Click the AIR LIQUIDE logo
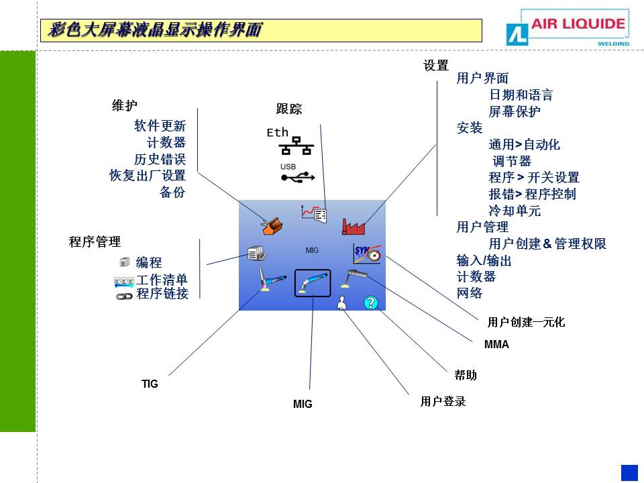[568, 28]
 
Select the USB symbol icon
[297, 177]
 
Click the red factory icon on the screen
[353, 226]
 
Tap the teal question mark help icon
[371, 303]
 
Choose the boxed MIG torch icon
[313, 282]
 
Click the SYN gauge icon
[366, 254]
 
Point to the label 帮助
[466, 375]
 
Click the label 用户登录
[443, 402]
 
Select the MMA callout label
[496, 345]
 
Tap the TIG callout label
[150, 384]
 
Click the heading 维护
[124, 105]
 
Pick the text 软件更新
[160, 125]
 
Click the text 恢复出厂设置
[148, 176]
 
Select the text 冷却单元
[515, 211]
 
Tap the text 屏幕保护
[515, 111]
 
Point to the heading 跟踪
[289, 109]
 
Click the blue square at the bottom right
[629, 472]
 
